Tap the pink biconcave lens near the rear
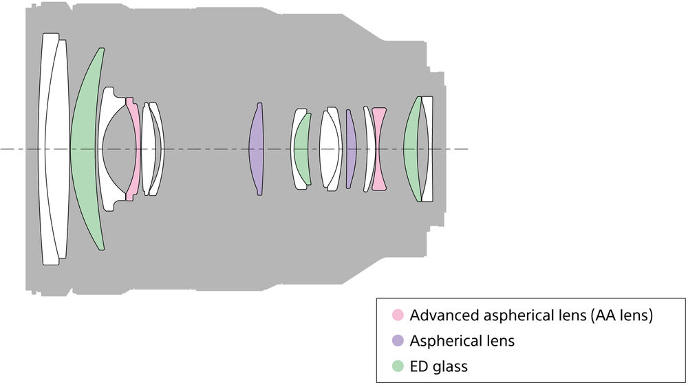click(x=378, y=149)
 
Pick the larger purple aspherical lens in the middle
click(x=256, y=149)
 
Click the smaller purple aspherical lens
click(x=350, y=149)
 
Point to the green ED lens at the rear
click(x=411, y=149)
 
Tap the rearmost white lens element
click(x=428, y=149)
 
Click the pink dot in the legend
click(x=398, y=315)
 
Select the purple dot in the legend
click(x=398, y=340)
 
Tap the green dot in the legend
click(x=398, y=366)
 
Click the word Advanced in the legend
click(x=444, y=315)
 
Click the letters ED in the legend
click(x=420, y=366)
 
